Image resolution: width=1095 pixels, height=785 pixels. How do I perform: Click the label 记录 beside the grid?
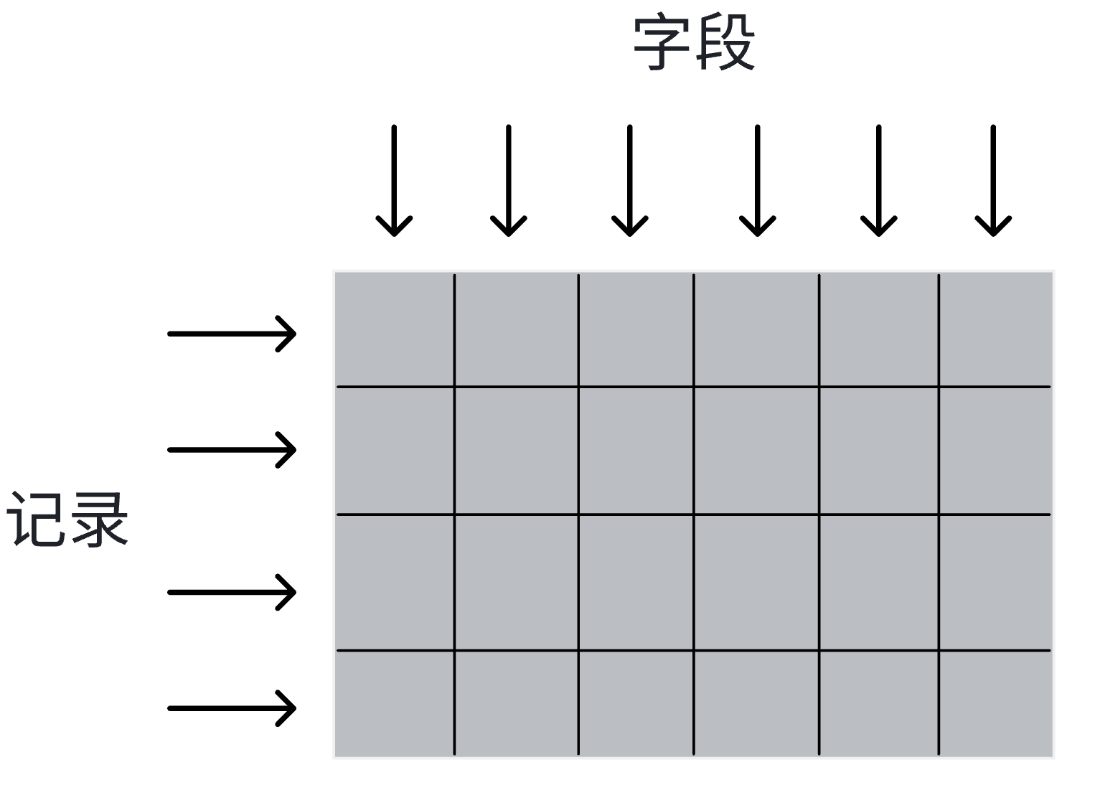(68, 520)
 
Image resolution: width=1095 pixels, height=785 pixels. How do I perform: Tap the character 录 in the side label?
(100, 520)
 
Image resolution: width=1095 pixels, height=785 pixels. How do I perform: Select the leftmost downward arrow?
(394, 181)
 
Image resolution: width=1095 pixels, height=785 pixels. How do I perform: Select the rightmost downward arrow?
(993, 181)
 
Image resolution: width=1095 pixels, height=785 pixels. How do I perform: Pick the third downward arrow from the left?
(629, 181)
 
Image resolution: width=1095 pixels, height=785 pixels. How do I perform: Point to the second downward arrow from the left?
(508, 181)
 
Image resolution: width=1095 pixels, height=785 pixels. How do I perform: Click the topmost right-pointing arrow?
(231, 333)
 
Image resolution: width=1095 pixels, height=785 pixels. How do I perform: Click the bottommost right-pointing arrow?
(231, 708)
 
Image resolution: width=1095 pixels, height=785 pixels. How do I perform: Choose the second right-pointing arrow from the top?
(231, 450)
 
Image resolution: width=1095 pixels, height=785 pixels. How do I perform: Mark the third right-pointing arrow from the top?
(231, 592)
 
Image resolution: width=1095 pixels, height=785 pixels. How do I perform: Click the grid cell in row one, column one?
(395, 330)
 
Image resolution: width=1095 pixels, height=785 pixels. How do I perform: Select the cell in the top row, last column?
(995, 330)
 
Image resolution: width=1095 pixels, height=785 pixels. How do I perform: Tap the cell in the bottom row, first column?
(395, 702)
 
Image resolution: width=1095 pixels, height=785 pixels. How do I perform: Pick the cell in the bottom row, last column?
(995, 702)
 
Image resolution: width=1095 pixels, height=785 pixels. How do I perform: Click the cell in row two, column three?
(636, 451)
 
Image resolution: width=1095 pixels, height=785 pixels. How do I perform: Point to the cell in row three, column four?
(756, 582)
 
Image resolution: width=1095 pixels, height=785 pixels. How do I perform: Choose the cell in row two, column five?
(878, 451)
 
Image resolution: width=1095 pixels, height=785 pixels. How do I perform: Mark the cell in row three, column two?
(516, 582)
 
